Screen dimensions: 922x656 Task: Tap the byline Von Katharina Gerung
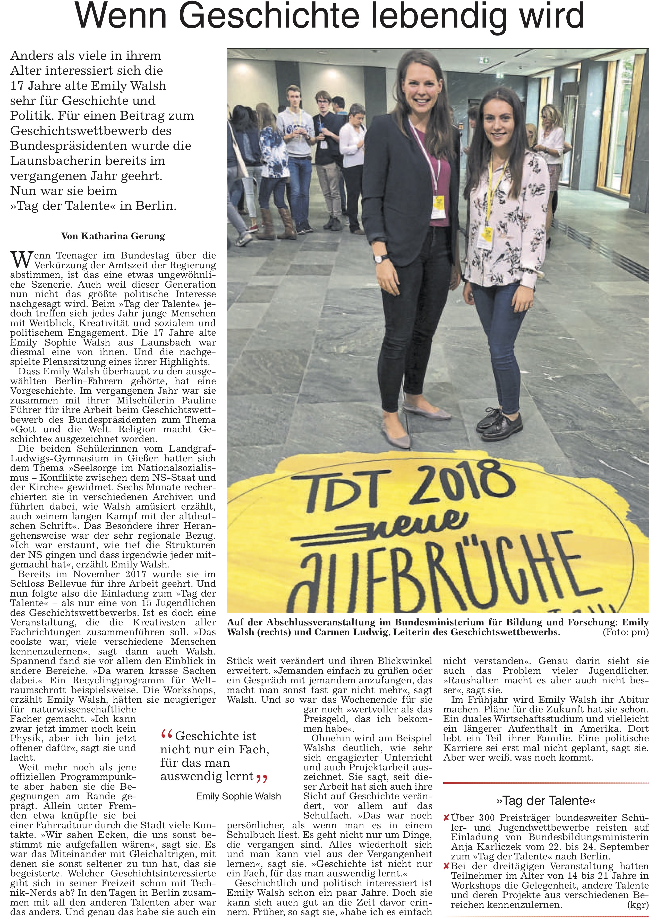(x=113, y=236)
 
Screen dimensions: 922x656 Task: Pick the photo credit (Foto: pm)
(x=625, y=632)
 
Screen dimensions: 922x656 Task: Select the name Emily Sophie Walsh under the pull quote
(x=238, y=796)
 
